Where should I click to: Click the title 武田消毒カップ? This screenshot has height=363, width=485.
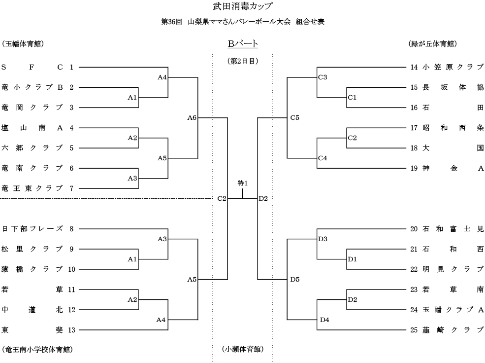(242, 6)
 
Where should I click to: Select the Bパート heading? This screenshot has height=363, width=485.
(243, 44)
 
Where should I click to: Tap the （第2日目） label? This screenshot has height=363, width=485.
(243, 61)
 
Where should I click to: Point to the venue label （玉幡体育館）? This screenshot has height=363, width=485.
(23, 44)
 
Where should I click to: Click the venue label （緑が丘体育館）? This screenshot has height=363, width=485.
(433, 44)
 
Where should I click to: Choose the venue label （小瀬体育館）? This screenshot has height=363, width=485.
(243, 349)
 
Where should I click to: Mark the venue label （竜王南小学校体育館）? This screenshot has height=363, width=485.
(38, 349)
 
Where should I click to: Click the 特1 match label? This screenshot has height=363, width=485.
(242, 183)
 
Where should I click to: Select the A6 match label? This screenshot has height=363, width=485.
(192, 118)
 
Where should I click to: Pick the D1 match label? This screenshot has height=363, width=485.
(352, 259)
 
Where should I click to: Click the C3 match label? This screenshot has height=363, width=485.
(323, 77)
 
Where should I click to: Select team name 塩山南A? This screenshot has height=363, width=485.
(32, 128)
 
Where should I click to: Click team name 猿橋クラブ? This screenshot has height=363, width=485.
(32, 269)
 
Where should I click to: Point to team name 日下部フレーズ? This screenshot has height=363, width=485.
(32, 229)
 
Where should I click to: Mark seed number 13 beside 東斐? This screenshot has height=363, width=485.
(71, 329)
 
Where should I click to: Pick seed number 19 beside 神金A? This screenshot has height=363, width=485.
(414, 168)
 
